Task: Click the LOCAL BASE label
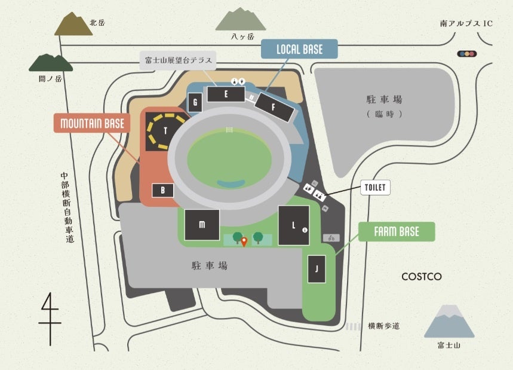click(299, 49)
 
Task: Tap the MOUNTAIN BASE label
click(92, 123)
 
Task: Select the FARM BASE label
click(397, 231)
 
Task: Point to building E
click(226, 93)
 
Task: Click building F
click(273, 107)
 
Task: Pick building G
click(195, 103)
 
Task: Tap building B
click(162, 191)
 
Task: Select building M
click(202, 225)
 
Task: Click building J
click(317, 268)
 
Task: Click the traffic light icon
click(466, 53)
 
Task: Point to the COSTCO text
click(421, 277)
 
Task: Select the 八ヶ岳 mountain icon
click(240, 20)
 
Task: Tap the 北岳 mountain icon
click(73, 25)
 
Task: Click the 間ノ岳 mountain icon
click(50, 62)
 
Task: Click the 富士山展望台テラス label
click(179, 60)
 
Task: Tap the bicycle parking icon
click(330, 237)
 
